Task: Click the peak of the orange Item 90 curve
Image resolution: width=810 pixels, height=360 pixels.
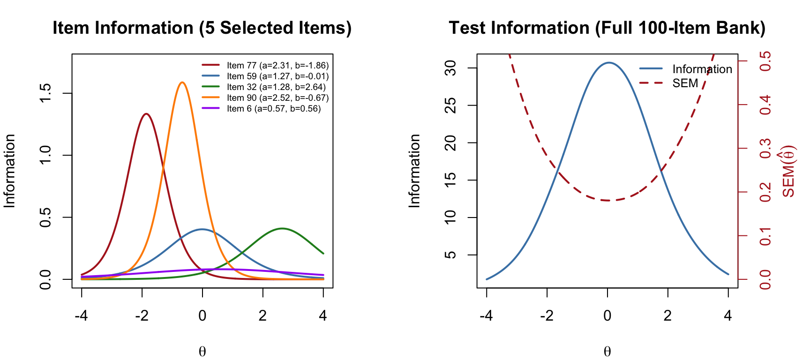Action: (182, 82)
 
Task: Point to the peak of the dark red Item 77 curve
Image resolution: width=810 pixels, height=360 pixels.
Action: (146, 114)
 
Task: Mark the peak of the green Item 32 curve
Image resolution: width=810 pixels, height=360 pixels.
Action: (282, 229)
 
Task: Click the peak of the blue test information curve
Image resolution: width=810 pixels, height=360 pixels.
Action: (608, 62)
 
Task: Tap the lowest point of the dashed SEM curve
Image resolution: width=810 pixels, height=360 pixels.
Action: (608, 201)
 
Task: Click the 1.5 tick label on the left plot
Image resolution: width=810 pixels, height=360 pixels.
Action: (45, 93)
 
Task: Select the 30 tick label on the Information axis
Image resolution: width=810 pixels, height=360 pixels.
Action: (450, 68)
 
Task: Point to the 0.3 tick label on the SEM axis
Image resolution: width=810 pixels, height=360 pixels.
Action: (765, 149)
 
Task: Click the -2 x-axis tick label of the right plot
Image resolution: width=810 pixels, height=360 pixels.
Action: (547, 316)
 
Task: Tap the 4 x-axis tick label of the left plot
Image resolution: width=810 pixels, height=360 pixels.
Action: (323, 316)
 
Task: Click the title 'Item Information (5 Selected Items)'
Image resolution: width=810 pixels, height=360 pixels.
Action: (202, 28)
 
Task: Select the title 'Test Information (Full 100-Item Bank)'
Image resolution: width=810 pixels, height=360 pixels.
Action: (607, 28)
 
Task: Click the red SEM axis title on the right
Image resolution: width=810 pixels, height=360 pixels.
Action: (788, 172)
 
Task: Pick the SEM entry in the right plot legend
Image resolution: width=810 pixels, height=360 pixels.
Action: (685, 83)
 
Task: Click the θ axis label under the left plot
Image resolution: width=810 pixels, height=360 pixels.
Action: (202, 352)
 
